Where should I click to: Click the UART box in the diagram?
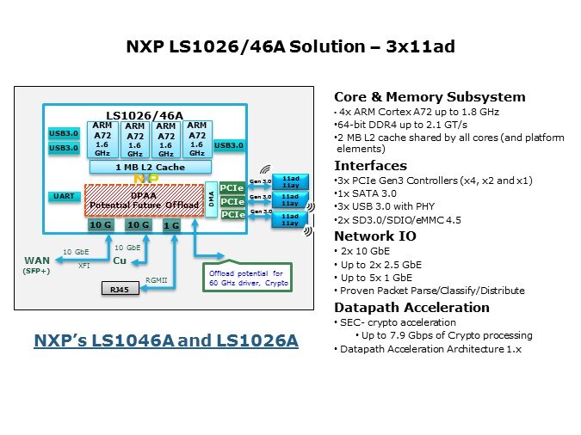point(63,197)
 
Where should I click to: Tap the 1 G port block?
point(171,224)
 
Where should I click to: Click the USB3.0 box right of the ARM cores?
point(227,145)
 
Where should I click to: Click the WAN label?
point(36,260)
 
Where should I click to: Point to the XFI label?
point(84,267)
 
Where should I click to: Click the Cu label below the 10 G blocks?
point(120,260)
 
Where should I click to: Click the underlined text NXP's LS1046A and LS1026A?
point(166,341)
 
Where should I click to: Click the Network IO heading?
point(372,236)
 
